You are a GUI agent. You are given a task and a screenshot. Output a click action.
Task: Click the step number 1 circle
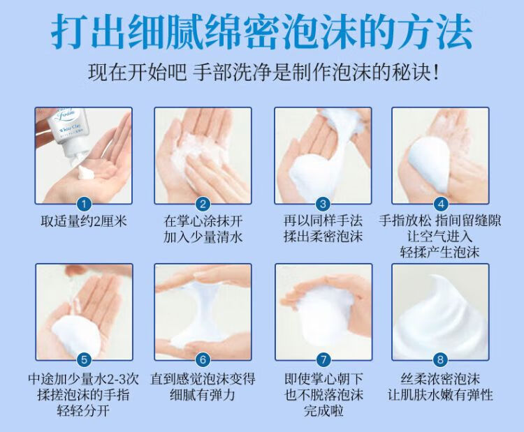(84, 204)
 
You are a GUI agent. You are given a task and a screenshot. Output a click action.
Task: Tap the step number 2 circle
(203, 204)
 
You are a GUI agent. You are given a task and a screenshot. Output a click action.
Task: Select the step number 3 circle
(323, 204)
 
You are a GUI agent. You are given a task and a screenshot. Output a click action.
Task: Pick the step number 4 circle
(440, 204)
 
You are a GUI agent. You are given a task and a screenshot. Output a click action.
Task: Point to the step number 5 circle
(84, 359)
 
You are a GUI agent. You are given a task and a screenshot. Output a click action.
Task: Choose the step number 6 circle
(203, 359)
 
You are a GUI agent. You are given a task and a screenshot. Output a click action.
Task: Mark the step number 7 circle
(323, 359)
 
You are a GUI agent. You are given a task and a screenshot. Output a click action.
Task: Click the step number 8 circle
(440, 359)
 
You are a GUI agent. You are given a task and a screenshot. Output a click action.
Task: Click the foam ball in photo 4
(431, 166)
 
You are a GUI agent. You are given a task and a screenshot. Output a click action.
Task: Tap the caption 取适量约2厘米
(84, 221)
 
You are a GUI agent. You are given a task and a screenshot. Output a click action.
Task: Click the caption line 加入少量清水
(203, 237)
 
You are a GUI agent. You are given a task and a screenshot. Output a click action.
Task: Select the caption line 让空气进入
(439, 237)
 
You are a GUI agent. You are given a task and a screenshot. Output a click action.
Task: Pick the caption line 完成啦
(323, 410)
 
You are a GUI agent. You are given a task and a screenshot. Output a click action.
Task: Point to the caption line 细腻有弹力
(203, 395)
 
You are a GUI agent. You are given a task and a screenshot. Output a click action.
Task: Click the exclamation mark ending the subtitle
(435, 72)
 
